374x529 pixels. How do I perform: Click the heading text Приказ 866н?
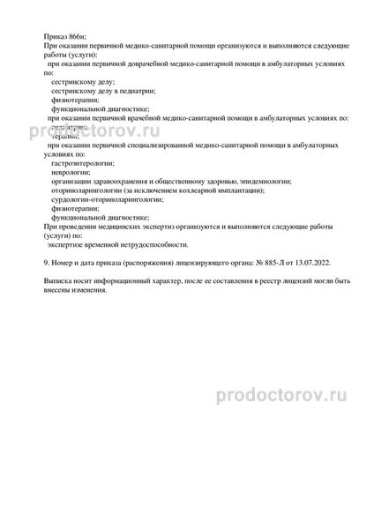(x=64, y=34)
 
